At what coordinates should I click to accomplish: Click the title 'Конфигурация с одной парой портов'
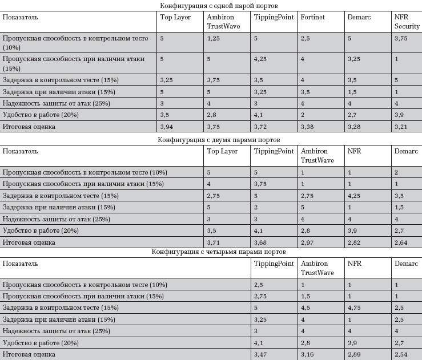click(211, 6)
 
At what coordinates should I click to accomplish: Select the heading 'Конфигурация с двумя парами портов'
click(211, 140)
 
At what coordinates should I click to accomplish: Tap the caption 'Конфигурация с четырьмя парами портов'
click(211, 252)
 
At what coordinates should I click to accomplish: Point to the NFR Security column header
click(407, 22)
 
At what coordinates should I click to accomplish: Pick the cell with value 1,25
click(214, 38)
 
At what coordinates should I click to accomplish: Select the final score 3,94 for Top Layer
click(166, 126)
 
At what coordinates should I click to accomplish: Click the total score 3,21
click(401, 126)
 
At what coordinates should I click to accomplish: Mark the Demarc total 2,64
click(401, 242)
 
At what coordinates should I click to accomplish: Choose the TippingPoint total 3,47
click(260, 354)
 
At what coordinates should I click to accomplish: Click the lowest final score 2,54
click(401, 354)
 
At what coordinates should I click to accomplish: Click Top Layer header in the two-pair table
click(222, 152)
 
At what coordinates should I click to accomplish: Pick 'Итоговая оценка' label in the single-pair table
click(29, 126)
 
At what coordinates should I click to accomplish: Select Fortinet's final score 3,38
click(307, 126)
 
